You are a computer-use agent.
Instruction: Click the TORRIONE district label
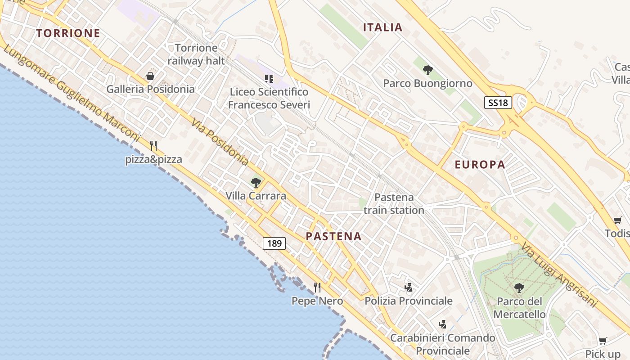68,33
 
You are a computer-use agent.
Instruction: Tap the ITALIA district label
383,27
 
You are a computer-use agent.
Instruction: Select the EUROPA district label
480,165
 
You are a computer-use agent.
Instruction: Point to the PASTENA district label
334,237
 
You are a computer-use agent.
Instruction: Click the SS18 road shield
499,103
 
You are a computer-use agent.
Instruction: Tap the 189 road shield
274,244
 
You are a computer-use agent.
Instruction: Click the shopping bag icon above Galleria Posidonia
150,76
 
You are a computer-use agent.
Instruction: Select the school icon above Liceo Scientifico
269,79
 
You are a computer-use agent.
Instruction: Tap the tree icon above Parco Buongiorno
428,70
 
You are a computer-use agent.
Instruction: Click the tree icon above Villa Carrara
256,183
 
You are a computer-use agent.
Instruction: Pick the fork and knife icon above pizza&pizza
153,146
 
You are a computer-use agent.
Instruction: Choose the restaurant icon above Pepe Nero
317,287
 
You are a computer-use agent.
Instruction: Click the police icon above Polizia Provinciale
409,287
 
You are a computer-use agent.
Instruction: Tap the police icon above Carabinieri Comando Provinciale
443,324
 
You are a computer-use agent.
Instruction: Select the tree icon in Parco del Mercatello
519,288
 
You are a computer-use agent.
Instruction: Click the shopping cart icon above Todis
617,220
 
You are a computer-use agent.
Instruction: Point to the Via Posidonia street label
220,142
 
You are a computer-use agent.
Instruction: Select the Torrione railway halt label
196,54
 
